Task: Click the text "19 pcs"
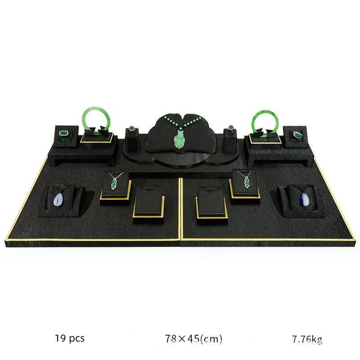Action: coord(69,338)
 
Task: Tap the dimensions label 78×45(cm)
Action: coord(193,338)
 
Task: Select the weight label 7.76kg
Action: coord(307,339)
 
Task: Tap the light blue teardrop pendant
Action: coord(58,200)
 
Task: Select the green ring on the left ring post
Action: coord(132,129)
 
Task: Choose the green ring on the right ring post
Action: coord(230,129)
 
